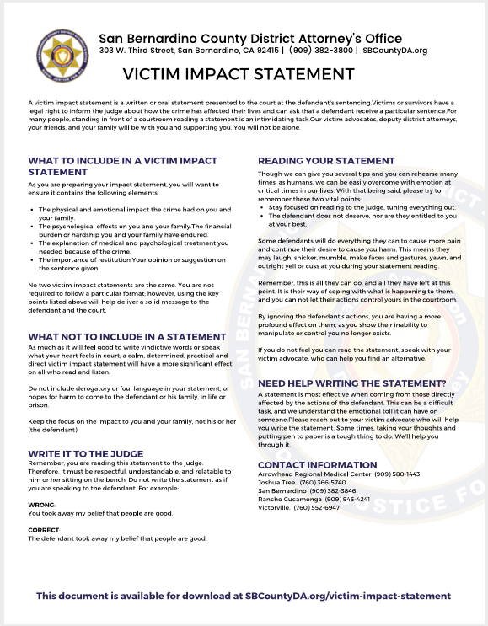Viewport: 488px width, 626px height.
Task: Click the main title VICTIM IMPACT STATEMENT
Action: (244, 73)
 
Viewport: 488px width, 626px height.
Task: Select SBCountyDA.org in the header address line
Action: (394, 51)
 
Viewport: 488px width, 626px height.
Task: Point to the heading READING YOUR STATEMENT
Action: (326, 160)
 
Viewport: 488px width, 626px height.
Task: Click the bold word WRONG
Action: (41, 503)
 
